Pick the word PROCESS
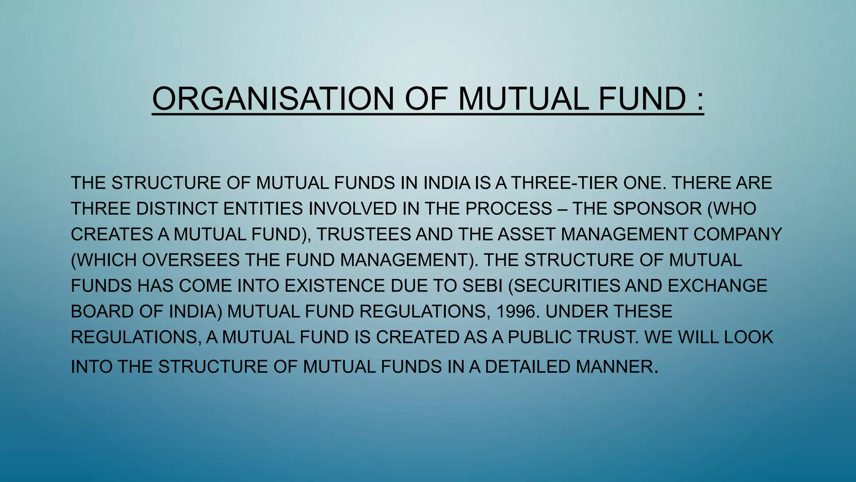tap(509, 209)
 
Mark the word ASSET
tap(526, 234)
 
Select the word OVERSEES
tap(191, 260)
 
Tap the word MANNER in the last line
tap(614, 367)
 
